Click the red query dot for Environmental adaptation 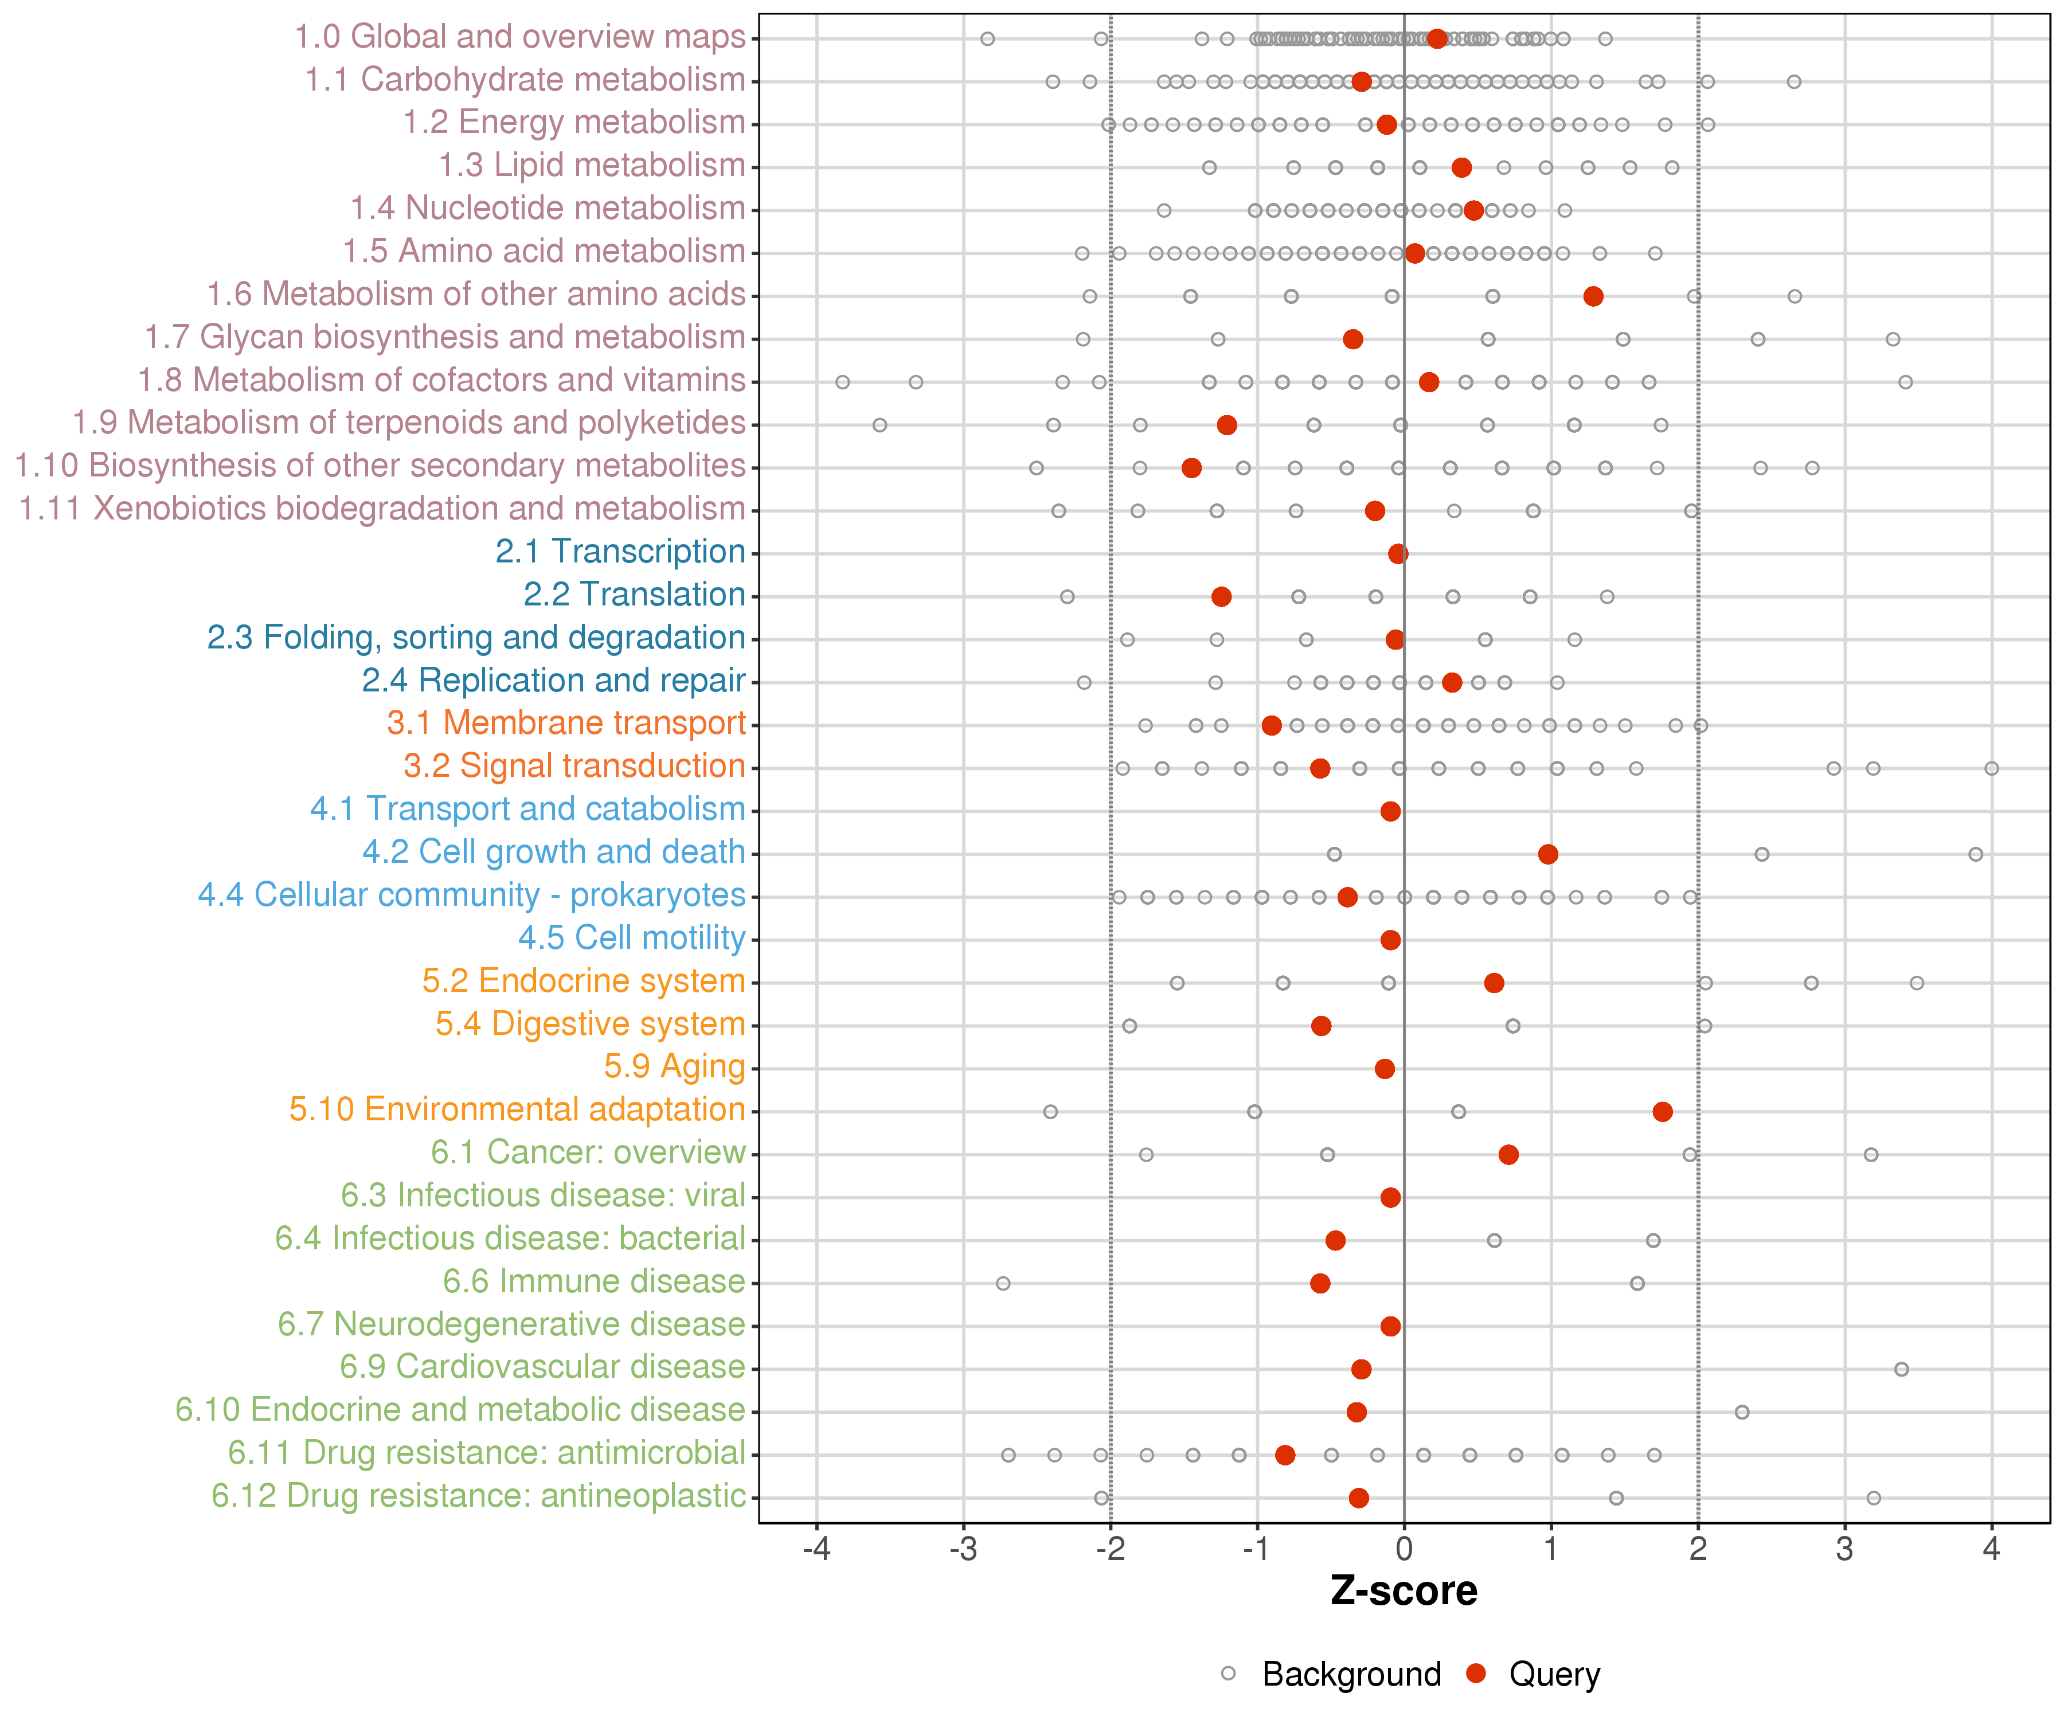[1662, 1112]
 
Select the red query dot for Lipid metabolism [1461, 167]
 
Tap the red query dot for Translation [1222, 597]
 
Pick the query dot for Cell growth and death [1548, 854]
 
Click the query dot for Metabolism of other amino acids [1593, 296]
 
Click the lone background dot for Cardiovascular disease [1902, 1369]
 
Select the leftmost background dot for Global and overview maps [988, 38]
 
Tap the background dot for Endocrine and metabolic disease [1742, 1412]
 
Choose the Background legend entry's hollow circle [1229, 1674]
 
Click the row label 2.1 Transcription [620, 552]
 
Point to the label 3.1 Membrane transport [566, 724]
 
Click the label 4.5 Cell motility [631, 937]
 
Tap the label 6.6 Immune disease [593, 1281]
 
